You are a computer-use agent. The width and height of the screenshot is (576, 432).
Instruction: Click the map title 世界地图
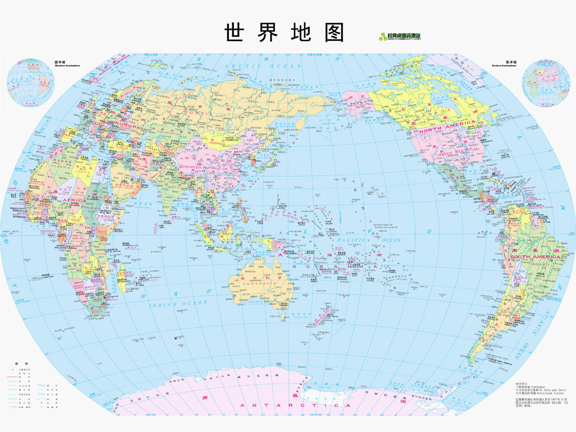click(284, 32)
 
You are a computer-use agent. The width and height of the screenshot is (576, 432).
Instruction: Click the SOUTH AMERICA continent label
click(535, 256)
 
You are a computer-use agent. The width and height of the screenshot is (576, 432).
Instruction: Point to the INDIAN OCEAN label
click(179, 304)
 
